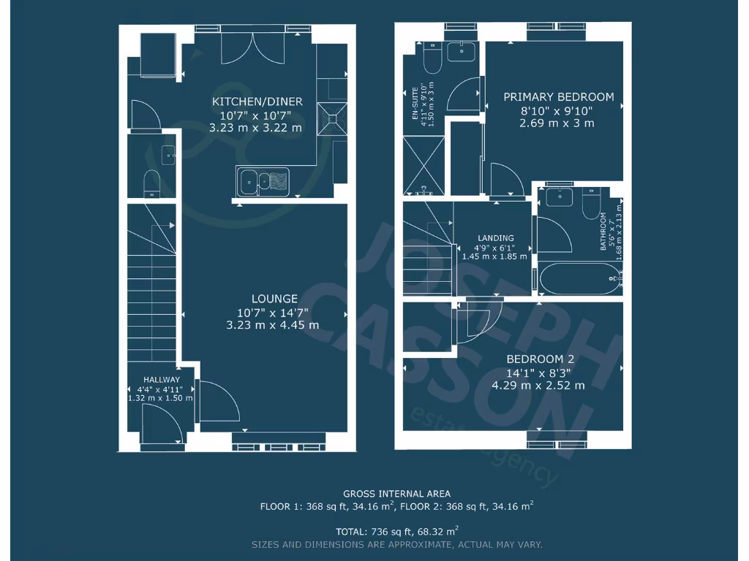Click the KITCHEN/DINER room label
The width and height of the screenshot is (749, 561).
(x=257, y=102)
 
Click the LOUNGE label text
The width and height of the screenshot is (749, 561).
(x=274, y=299)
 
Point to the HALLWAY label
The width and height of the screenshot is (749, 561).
(x=161, y=380)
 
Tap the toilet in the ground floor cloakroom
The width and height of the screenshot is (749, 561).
(x=151, y=183)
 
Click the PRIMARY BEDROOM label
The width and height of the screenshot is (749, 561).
(x=559, y=97)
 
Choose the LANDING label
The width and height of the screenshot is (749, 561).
(x=496, y=238)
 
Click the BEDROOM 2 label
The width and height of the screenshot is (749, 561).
(x=541, y=359)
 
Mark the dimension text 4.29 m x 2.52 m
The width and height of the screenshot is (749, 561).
(x=538, y=385)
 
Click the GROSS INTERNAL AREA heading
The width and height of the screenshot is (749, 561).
(x=396, y=494)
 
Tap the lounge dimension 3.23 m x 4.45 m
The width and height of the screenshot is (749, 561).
(x=273, y=325)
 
